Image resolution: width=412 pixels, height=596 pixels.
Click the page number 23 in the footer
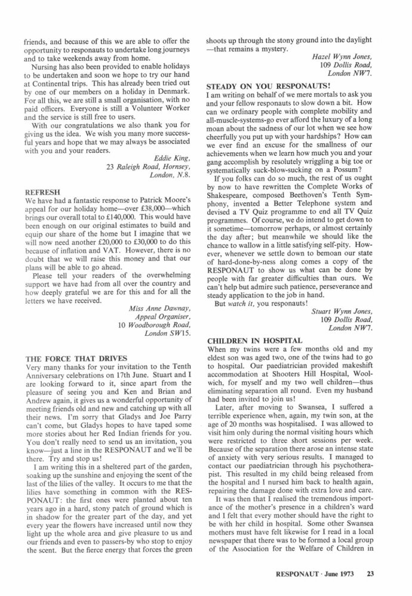tap(370, 574)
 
